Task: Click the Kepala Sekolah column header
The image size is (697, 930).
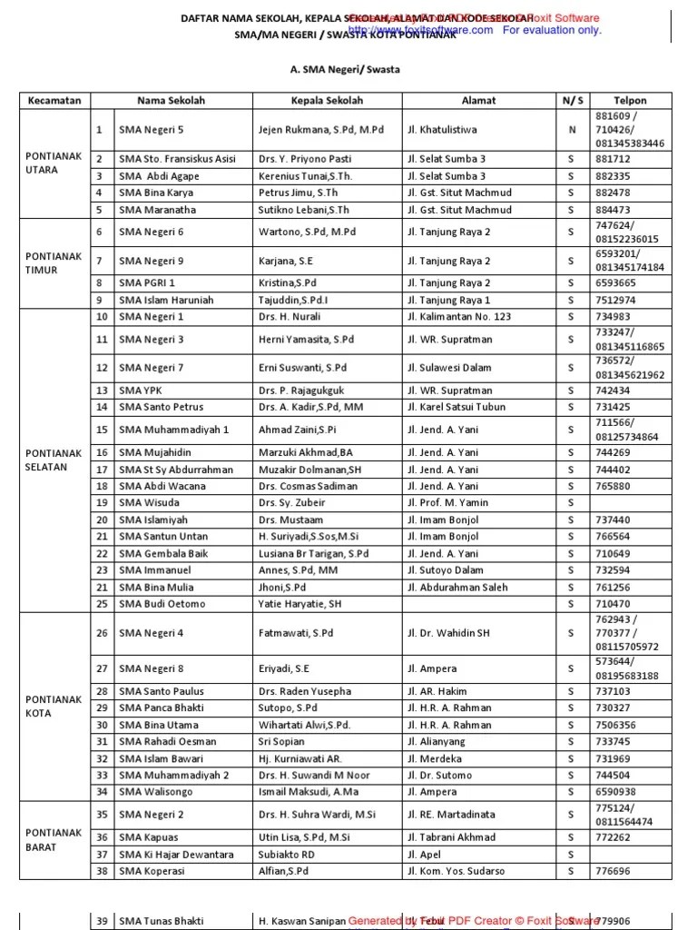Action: [x=327, y=101]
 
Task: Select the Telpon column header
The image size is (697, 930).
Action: [x=630, y=101]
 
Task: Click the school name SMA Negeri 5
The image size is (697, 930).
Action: [x=151, y=130]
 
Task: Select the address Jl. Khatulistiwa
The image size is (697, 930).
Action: [x=442, y=130]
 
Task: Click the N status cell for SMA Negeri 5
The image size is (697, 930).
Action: [x=572, y=130]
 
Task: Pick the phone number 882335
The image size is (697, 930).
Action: [x=613, y=176]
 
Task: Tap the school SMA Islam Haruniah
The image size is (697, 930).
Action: [x=166, y=300]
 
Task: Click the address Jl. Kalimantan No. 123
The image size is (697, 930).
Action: [x=459, y=317]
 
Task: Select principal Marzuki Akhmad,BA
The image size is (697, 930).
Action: [x=306, y=452]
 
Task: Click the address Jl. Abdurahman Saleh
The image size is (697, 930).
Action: [x=457, y=588]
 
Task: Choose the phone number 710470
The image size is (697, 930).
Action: [x=613, y=604]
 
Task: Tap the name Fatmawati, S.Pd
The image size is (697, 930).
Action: [x=296, y=633]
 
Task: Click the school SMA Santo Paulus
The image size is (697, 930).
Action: [x=161, y=691]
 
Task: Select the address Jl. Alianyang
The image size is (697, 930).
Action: [x=436, y=741]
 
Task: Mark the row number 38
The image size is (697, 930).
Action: [x=102, y=871]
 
